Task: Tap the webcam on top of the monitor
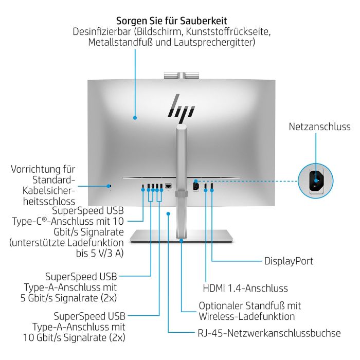[179, 76]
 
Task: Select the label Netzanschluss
[319, 127]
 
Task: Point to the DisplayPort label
[289, 261]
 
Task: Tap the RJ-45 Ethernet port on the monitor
[168, 185]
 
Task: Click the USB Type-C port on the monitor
[143, 186]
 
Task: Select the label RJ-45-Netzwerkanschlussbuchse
[269, 333]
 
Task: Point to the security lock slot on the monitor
[110, 185]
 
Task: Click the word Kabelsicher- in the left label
[50, 191]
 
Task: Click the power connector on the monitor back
[195, 186]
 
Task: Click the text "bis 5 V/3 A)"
[100, 253]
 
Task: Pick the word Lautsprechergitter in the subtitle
[215, 43]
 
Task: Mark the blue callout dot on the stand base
[181, 239]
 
